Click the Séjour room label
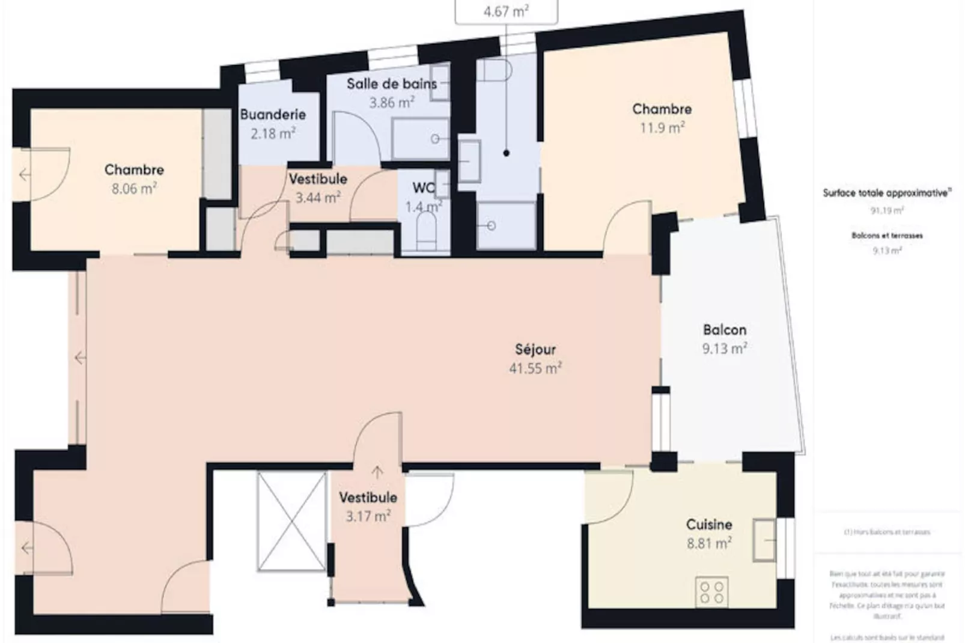click(x=535, y=349)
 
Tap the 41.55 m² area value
click(x=535, y=368)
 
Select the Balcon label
click(x=724, y=330)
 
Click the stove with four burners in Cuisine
click(x=711, y=591)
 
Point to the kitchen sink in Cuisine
click(x=764, y=540)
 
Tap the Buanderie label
click(x=273, y=114)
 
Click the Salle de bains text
click(x=391, y=84)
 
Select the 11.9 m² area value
click(x=662, y=128)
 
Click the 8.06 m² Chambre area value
click(x=133, y=189)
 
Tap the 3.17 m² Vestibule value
click(x=368, y=516)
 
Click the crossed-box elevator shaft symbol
click(x=291, y=521)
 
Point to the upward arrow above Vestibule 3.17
click(x=377, y=472)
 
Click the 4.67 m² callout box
click(x=506, y=11)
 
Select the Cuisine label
click(x=709, y=525)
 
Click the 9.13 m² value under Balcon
click(x=724, y=349)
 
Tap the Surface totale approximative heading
click(x=886, y=193)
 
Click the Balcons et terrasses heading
click(x=886, y=236)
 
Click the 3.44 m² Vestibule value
click(x=317, y=198)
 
